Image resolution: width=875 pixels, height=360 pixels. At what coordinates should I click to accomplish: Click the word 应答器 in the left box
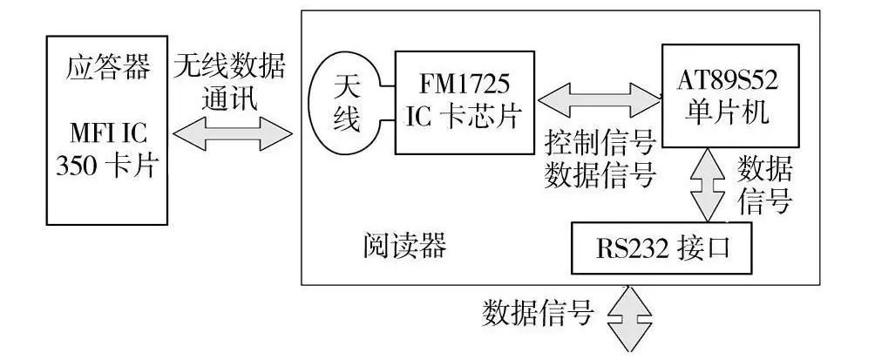pos(107,68)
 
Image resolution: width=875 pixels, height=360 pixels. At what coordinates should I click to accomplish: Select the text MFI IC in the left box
pos(107,136)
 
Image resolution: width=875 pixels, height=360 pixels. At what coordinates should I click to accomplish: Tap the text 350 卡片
pos(107,166)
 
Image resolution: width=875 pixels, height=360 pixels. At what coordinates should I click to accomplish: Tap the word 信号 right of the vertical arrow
pos(764,201)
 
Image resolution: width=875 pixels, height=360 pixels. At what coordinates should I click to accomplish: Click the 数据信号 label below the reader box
pos(538,311)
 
